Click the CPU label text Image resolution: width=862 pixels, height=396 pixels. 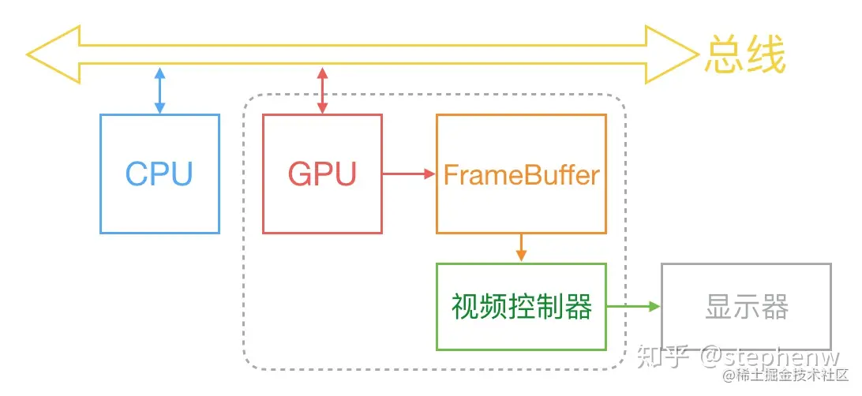tap(159, 174)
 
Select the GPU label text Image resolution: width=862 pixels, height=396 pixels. tap(322, 174)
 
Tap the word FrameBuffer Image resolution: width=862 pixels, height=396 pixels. tap(521, 174)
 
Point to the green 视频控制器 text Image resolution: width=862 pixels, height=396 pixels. tap(521, 307)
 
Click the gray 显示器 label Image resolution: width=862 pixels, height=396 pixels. tap(746, 307)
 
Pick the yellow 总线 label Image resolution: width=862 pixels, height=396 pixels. tap(745, 56)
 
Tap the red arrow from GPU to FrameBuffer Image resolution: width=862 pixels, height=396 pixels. tap(409, 174)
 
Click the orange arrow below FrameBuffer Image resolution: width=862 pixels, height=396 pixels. tap(521, 248)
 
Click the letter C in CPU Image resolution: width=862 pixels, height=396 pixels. tap(137, 174)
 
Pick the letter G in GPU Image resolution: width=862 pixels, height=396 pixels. tap(301, 174)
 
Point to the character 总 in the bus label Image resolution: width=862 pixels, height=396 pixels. tap(725, 56)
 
